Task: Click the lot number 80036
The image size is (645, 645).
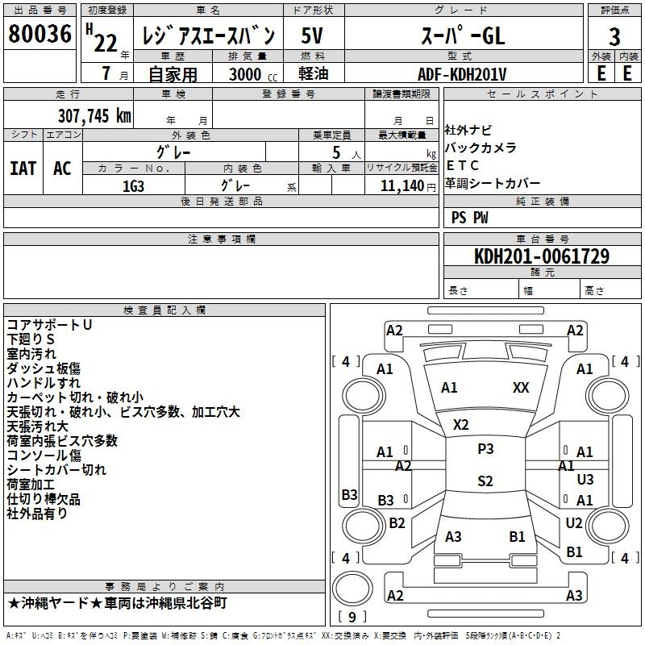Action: (40, 34)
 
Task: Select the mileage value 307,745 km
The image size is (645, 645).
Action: (94, 116)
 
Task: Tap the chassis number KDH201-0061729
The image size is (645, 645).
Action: (542, 256)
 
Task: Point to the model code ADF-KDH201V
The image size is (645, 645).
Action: (462, 74)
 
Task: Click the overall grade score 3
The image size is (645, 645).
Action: (614, 37)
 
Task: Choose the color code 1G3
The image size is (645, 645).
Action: (133, 186)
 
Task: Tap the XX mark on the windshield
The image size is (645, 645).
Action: (521, 388)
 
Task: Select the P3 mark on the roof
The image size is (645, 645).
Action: (485, 449)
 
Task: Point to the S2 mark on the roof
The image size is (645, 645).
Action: (485, 481)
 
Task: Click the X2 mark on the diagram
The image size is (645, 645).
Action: (460, 425)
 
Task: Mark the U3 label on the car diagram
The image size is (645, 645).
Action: (585, 479)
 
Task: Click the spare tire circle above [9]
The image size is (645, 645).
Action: (352, 589)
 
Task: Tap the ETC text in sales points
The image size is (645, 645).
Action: (462, 165)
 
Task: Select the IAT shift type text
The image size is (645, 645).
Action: (23, 169)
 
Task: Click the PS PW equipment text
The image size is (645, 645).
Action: (469, 218)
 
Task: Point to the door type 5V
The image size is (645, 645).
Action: (312, 35)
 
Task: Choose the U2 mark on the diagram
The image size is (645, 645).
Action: (574, 522)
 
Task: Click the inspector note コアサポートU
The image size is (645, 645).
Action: (49, 325)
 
